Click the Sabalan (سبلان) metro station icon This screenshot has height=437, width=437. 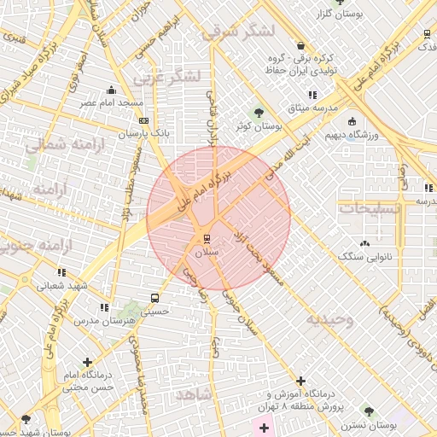click(206, 236)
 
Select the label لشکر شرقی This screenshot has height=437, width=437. click(240, 32)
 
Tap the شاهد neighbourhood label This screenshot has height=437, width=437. click(192, 394)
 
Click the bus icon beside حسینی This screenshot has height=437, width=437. click(154, 298)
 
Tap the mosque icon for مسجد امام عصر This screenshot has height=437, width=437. click(111, 90)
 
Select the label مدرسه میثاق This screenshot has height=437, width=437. click(335, 108)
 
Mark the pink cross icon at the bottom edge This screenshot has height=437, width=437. click(263, 428)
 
